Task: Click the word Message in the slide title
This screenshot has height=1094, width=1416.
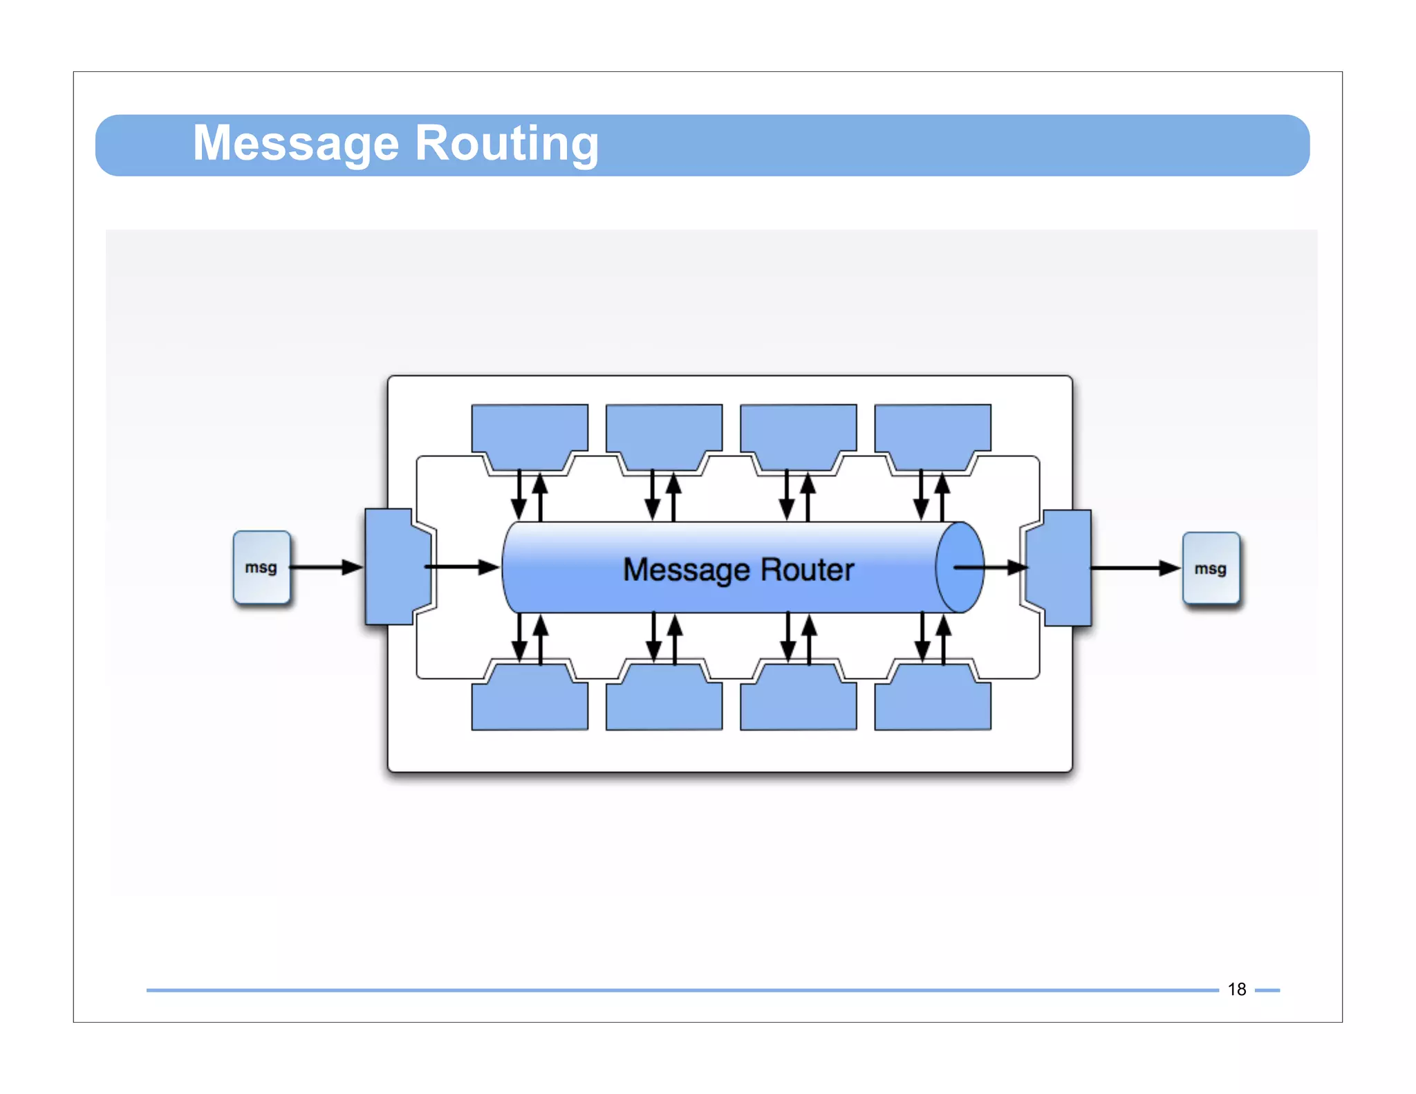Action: pos(296,143)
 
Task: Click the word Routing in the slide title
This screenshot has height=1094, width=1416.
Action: pos(506,143)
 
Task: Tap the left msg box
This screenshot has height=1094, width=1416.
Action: pos(261,568)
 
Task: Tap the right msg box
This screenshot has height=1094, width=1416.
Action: pos(1211,568)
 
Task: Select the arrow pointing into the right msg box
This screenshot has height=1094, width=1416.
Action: pos(1134,568)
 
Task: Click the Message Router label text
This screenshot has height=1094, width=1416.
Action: pos(738,570)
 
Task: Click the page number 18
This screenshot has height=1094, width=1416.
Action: pos(1236,990)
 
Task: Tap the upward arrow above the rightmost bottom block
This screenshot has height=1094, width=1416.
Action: pos(943,639)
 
